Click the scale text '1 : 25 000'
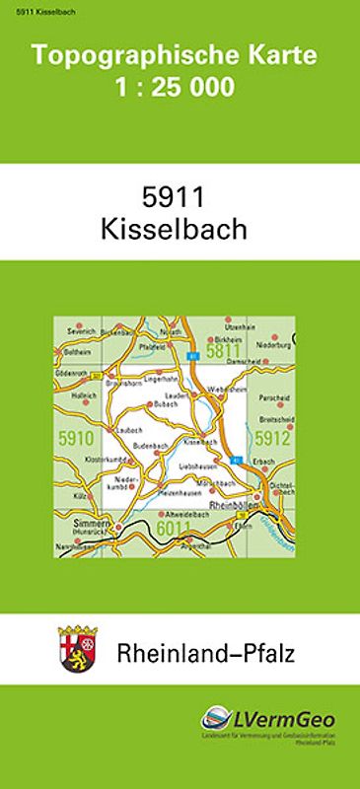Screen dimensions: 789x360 (x=180, y=88)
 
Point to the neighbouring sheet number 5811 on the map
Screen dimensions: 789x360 (x=224, y=349)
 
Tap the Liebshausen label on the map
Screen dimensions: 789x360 (x=198, y=465)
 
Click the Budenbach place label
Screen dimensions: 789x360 (x=151, y=447)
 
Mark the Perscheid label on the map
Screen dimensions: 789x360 (x=272, y=398)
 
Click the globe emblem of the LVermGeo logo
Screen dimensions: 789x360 (x=217, y=720)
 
